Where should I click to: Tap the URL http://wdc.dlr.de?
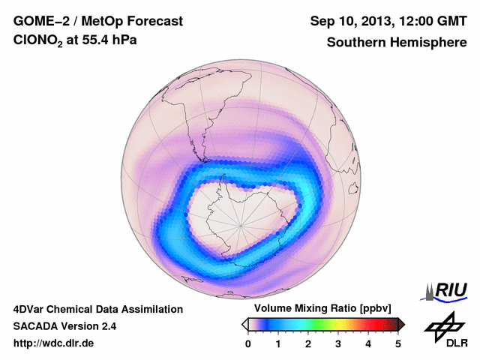point(54,343)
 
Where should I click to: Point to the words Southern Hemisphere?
point(397,42)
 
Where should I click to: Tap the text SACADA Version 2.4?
point(64,326)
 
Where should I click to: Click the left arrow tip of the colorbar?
point(244,324)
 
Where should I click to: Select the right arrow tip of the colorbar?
point(403,324)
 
